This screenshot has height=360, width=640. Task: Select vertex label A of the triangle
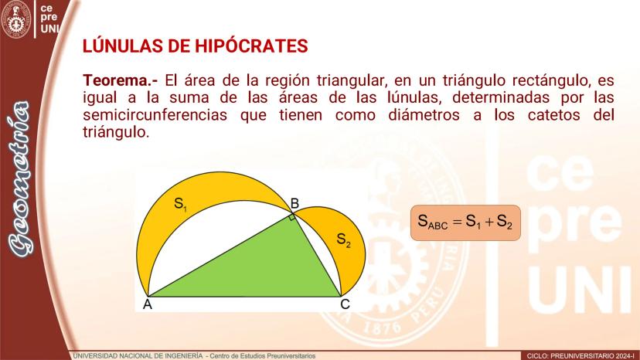click(x=148, y=304)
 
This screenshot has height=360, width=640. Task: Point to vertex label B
click(x=294, y=203)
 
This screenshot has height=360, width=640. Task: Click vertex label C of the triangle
click(x=345, y=304)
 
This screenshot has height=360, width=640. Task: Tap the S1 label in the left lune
click(x=180, y=204)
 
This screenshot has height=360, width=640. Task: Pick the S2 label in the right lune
click(x=344, y=239)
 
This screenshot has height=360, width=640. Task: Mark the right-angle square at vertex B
click(x=292, y=217)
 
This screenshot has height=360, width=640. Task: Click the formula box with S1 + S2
click(x=466, y=222)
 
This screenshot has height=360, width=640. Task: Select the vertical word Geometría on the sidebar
click(x=19, y=179)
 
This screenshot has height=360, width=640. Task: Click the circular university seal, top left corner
click(x=16, y=19)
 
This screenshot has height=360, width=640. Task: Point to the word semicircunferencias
click(x=155, y=114)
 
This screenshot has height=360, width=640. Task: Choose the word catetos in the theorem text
click(x=554, y=114)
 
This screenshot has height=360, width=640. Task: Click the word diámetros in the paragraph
click(x=424, y=114)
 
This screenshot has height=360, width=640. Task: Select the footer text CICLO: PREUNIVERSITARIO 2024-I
click(x=581, y=356)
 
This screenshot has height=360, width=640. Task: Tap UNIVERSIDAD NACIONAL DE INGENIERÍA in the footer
click(x=138, y=356)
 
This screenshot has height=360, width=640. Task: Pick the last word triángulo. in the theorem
click(x=116, y=132)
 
